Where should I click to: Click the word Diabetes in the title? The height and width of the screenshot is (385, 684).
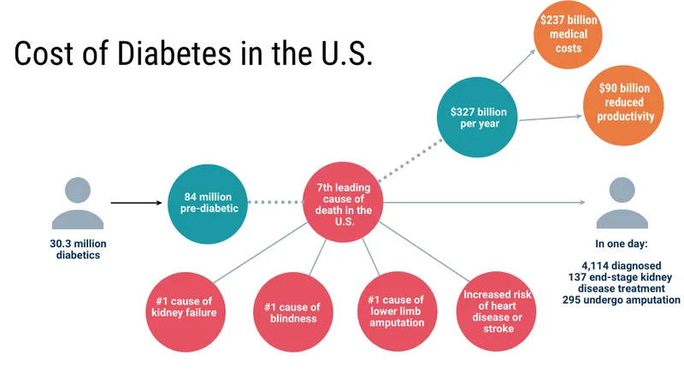coord(174,53)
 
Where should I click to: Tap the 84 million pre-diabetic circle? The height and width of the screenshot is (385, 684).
coord(208,204)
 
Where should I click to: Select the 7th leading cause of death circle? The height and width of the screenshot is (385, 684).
coord(344,202)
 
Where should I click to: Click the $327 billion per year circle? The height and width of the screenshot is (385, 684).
coord(477,117)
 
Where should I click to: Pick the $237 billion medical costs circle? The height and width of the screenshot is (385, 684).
coord(568,34)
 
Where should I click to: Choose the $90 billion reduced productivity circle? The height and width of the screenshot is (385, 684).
coord(624,105)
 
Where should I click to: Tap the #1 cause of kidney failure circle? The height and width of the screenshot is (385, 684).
coord(186,311)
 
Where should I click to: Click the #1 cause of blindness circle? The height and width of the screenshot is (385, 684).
coord(293,311)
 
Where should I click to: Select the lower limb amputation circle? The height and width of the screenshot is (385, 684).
coord(397,311)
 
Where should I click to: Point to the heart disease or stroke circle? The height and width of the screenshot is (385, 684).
coord(497,311)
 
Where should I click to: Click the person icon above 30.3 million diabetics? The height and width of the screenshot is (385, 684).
coord(78,203)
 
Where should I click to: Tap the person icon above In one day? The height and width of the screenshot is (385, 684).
coord(622,203)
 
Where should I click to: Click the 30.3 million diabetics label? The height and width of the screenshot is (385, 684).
coord(78,249)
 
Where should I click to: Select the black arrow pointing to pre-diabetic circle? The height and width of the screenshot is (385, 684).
coord(137,203)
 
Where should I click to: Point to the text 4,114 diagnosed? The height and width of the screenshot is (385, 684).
coord(622,265)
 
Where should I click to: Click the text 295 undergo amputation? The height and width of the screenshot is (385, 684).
coord(622,300)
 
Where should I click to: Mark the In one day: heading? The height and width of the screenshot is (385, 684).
coord(622,244)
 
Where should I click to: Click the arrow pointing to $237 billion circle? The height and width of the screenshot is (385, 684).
coord(518,66)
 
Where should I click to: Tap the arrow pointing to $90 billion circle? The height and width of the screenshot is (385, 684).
coord(551,118)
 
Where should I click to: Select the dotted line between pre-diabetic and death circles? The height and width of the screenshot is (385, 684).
coord(275,202)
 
